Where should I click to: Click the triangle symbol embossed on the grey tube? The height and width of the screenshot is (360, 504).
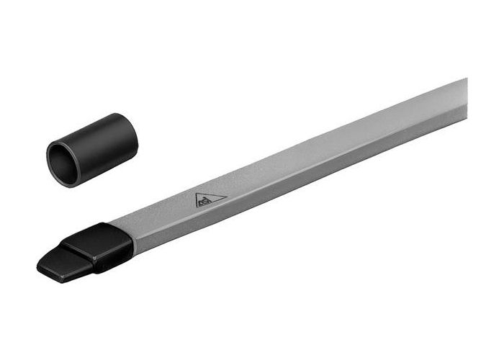click(x=210, y=199)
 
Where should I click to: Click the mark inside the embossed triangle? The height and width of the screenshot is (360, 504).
click(x=208, y=201)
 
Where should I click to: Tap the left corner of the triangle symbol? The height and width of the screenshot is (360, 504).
click(x=195, y=207)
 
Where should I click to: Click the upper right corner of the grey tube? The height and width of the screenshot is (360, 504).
click(x=465, y=80)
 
